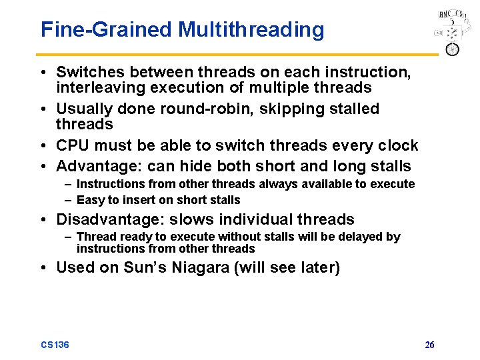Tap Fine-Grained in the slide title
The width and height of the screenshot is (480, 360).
pos(107,30)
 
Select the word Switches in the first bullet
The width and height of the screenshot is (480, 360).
pos(85,72)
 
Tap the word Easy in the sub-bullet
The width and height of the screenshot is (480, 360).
pos(89,200)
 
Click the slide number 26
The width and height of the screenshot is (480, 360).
pos(429,345)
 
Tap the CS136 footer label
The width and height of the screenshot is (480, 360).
pos(55,345)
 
